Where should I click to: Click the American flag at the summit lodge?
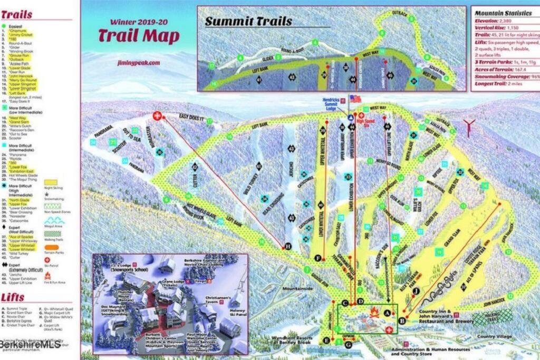(x=355, y=99)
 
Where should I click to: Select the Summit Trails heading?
(x=248, y=22)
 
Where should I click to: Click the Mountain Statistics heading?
(x=501, y=13)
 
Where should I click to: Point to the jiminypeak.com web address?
(x=138, y=62)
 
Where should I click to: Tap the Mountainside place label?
(x=298, y=289)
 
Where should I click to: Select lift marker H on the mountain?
(x=288, y=246)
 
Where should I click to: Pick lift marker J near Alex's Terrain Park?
(x=416, y=290)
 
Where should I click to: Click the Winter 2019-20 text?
(x=138, y=23)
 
